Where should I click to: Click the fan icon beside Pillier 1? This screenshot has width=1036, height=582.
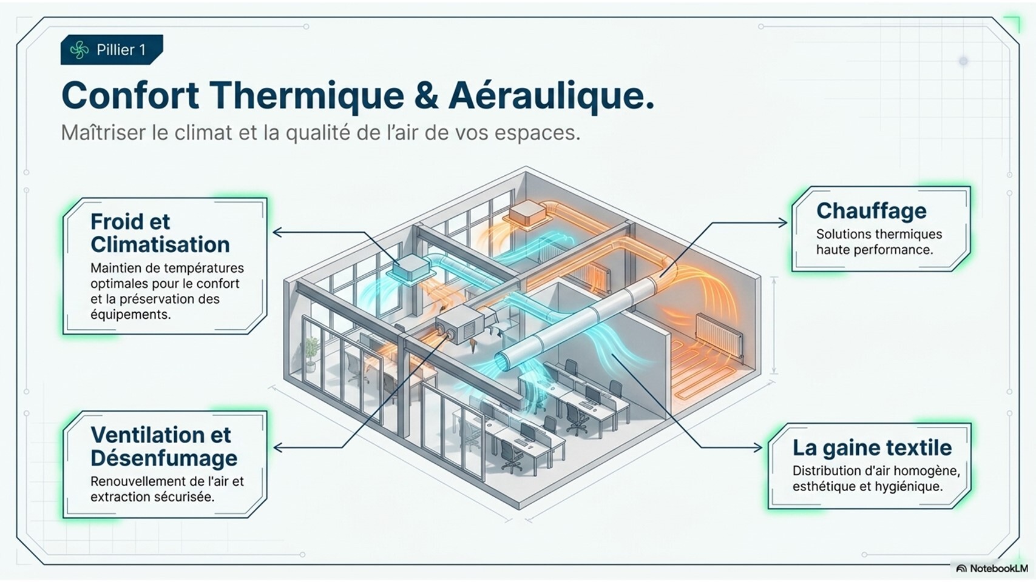coord(79,50)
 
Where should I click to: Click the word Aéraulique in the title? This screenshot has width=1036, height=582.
coord(551,96)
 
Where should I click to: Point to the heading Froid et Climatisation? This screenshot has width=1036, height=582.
coord(160,233)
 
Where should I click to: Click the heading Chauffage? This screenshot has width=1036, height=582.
coord(871,211)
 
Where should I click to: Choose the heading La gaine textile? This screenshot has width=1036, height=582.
coord(872,447)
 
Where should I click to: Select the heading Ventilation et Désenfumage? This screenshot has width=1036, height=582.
coord(163,446)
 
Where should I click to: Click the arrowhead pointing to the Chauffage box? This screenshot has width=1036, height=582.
coord(784,223)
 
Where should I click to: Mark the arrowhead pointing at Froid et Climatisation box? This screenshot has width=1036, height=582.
coord(277,232)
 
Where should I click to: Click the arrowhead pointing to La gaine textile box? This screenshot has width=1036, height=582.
coord(758,447)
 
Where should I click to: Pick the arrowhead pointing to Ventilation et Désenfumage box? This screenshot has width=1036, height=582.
coord(278,447)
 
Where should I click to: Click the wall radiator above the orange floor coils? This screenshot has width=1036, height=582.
coord(719,335)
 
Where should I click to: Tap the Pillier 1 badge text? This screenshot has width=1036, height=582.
coord(121,50)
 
